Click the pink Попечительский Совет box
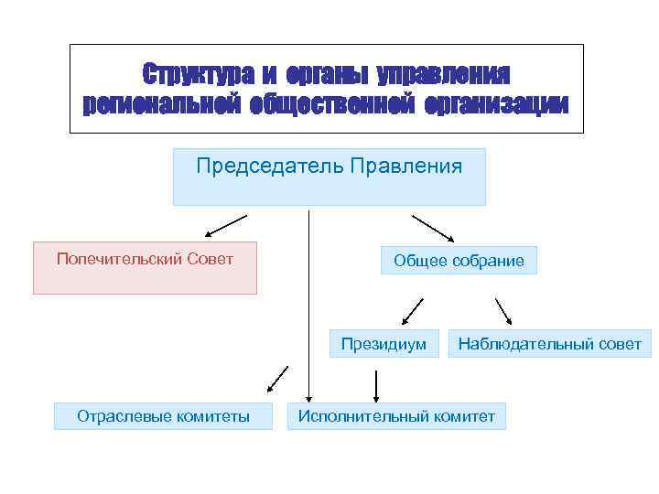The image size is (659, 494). tap(145, 267)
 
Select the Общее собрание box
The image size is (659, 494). tap(459, 261)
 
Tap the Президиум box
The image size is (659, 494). tap(384, 344)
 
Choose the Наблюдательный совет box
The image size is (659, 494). tap(550, 344)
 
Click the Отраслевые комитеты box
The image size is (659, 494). tap(164, 416)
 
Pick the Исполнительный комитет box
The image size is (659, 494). tap(396, 416)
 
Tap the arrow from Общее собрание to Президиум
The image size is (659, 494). tap(412, 312)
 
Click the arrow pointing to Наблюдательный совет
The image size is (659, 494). tap(503, 312)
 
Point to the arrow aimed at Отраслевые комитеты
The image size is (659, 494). tap(277, 378)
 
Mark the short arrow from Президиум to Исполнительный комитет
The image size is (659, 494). tap(375, 384)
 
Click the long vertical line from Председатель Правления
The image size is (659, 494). tap(308, 302)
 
